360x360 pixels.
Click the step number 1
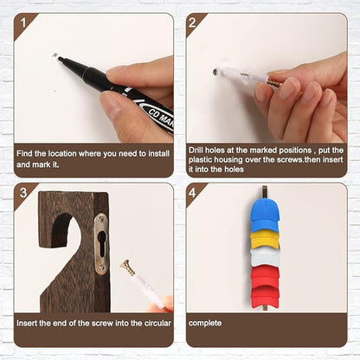[23, 22]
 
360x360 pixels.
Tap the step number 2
[192, 22]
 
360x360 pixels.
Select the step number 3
[23, 193]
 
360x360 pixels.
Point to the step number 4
[192, 193]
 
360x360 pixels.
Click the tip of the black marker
[59, 58]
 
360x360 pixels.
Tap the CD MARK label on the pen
[160, 117]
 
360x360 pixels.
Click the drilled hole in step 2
[215, 72]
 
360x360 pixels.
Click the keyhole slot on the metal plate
[102, 243]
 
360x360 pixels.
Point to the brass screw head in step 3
[125, 263]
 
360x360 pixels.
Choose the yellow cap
[265, 240]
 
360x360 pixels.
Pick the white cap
[265, 256]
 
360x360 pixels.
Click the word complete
[205, 323]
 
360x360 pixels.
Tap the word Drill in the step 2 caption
[196, 151]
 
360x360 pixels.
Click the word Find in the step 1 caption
[24, 153]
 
